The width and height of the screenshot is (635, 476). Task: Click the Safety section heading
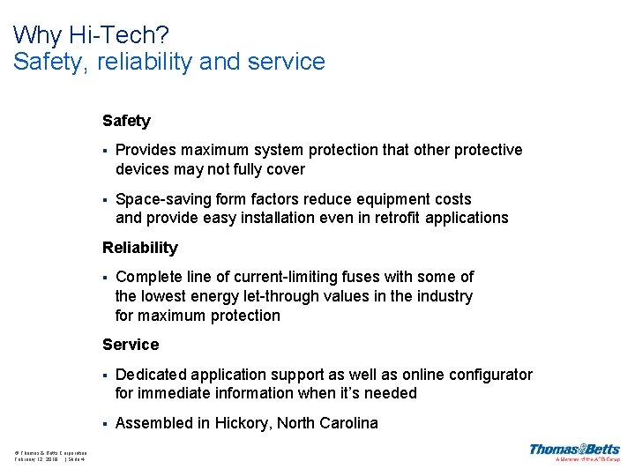[126, 121]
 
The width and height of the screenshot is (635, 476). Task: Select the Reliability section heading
[139, 248]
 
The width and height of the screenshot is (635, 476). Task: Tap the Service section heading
[131, 345]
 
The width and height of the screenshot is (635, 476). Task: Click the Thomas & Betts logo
[574, 451]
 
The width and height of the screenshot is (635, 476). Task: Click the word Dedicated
[152, 375]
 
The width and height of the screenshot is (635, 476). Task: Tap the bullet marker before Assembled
[104, 424]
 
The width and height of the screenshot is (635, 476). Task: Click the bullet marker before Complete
[104, 278]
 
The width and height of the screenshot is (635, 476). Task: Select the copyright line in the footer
[50, 452]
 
